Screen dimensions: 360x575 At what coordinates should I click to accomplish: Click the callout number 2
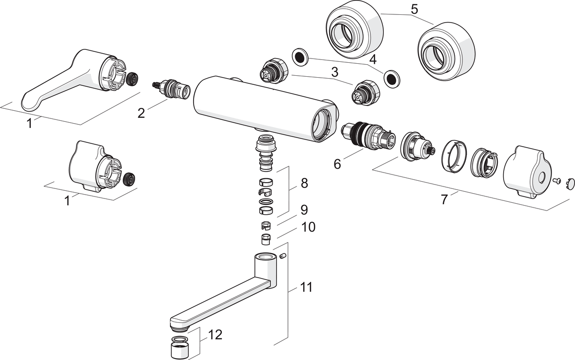point(141,113)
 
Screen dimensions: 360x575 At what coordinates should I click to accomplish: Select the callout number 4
point(373,60)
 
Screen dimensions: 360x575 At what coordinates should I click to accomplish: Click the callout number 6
point(337,164)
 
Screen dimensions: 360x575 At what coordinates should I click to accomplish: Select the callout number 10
point(309,227)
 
